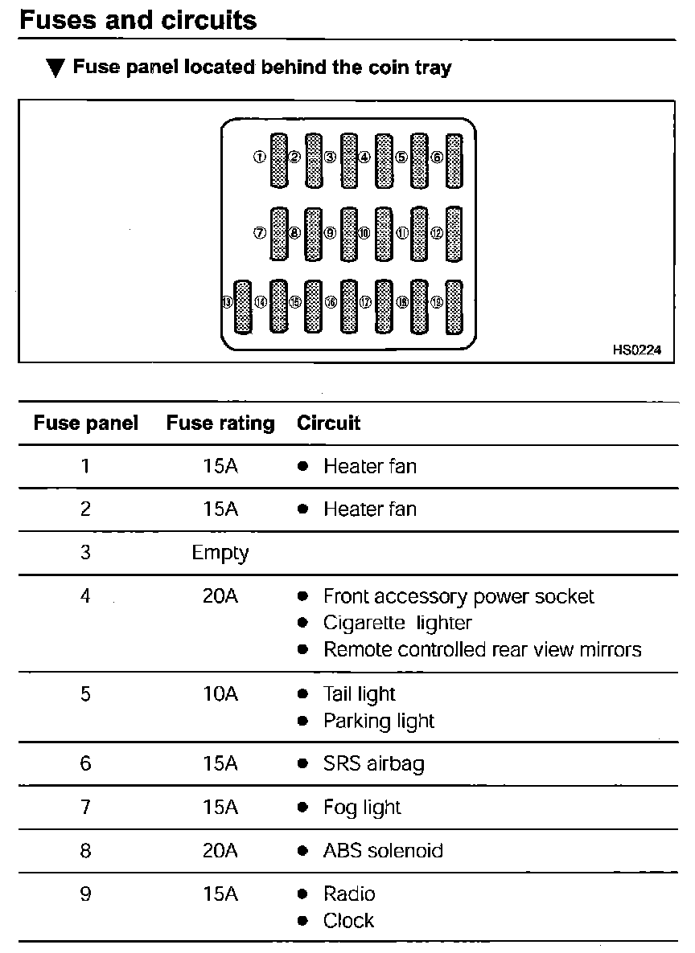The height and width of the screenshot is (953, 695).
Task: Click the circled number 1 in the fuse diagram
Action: [x=259, y=157]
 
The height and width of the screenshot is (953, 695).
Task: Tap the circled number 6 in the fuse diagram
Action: [x=438, y=157]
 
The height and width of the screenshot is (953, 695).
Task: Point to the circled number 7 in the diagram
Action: [x=260, y=233]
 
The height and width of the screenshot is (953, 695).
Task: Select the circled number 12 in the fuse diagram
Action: [x=437, y=233]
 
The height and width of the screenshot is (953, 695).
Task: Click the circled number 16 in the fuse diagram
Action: [x=331, y=303]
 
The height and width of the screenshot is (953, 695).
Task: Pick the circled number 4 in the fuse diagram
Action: [x=364, y=157]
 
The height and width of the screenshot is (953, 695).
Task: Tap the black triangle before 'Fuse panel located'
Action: [x=55, y=68]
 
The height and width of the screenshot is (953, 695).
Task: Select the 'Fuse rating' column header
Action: [x=220, y=423]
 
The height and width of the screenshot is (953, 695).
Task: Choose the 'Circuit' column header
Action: [x=329, y=423]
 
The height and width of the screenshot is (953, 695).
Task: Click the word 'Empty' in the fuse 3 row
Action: [x=220, y=554]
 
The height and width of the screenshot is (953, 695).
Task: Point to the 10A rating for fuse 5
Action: [x=220, y=694]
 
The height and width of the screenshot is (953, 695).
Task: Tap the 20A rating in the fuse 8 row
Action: [x=220, y=851]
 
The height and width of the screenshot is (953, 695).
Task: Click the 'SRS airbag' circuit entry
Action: [x=373, y=763]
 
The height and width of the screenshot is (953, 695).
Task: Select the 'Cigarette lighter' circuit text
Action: [x=397, y=623]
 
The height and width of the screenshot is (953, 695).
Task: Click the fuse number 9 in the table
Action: [x=85, y=894]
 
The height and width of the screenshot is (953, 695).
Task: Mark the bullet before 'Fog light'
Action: [x=302, y=808]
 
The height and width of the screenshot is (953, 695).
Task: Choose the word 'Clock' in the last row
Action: [x=348, y=921]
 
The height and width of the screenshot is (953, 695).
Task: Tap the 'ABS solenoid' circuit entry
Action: [x=383, y=851]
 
